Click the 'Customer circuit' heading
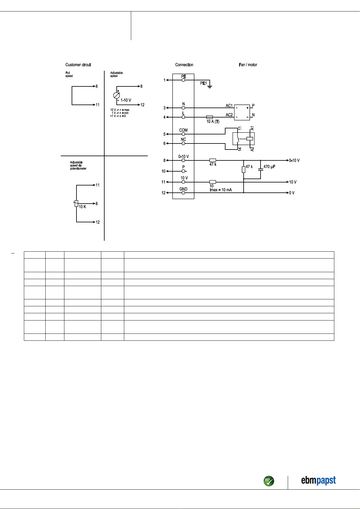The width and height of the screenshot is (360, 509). click(78, 65)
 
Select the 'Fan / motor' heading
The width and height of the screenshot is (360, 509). click(248, 65)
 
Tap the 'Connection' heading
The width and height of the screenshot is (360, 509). click(184, 65)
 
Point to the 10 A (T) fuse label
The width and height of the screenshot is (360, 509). click(213, 121)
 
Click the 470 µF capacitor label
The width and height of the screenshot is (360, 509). click(269, 167)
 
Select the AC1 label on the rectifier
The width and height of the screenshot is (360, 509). click(229, 106)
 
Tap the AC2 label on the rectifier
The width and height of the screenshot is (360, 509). click(229, 115)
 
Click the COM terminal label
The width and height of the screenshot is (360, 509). click(183, 130)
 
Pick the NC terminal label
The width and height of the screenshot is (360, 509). click(183, 140)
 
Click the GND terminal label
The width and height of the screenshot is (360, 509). click(183, 189)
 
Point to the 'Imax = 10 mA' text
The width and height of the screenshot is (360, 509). click(221, 190)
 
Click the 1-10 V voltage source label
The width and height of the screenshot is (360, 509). click(126, 100)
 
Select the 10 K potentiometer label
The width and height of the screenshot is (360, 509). click(82, 207)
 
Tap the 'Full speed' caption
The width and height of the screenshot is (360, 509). click(69, 75)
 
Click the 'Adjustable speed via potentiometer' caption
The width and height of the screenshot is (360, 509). click(78, 166)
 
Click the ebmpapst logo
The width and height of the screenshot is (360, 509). click(318, 481)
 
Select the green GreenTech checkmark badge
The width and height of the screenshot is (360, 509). click(269, 481)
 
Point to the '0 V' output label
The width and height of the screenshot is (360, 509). click(292, 193)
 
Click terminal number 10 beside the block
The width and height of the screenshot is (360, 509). click(163, 171)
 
